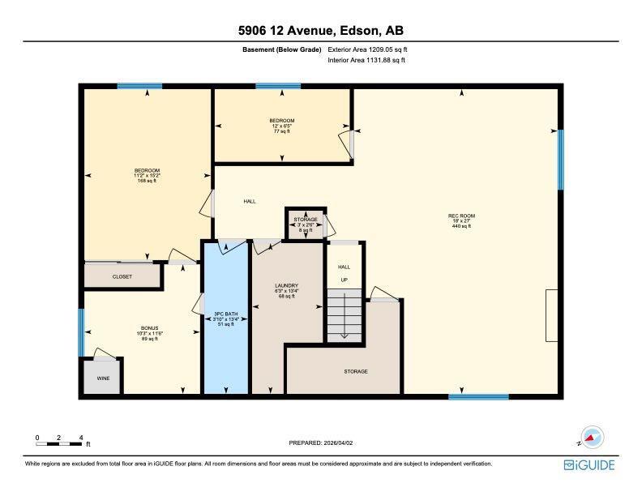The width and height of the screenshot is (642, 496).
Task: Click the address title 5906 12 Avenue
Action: [320, 31]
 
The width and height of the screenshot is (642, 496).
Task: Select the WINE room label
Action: [102, 377]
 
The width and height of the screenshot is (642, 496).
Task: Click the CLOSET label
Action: [122, 276]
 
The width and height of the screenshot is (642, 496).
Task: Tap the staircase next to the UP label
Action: [344, 316]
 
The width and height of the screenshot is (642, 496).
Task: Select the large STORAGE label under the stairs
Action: [355, 371]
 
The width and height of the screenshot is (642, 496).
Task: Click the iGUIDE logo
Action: [589, 464]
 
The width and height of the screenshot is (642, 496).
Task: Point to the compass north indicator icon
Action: [593, 437]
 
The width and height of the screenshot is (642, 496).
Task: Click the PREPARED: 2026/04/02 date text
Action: [321, 443]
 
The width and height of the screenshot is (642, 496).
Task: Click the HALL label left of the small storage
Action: [250, 201]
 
